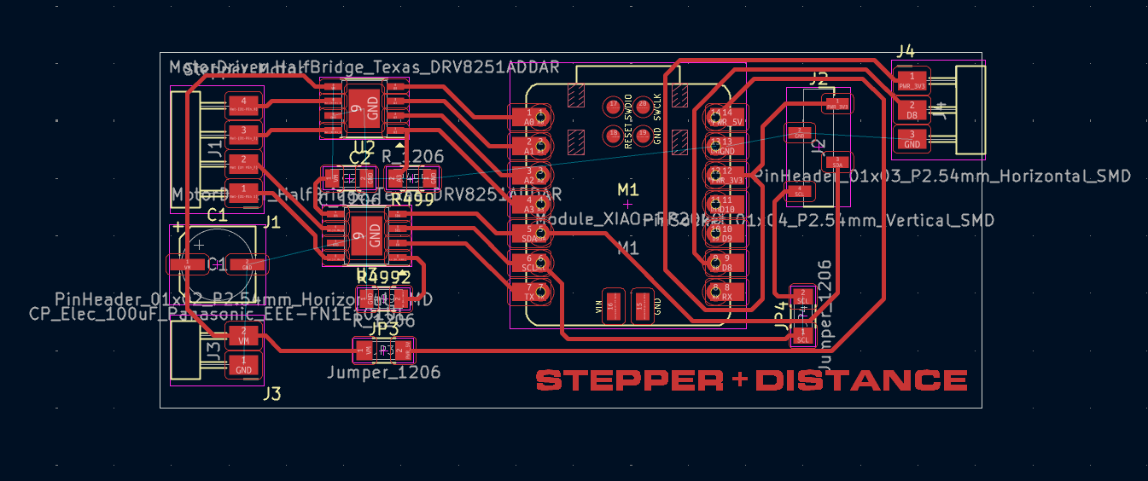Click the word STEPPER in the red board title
(631, 380)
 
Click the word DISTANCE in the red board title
(861, 380)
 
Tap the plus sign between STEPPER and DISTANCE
(740, 380)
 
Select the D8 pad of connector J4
(912, 110)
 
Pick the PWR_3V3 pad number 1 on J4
(912, 81)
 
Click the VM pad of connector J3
(243, 335)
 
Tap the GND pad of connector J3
(243, 366)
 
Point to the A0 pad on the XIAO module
(529, 116)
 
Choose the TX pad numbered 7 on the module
(529, 292)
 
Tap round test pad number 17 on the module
(612, 107)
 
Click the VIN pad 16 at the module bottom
(611, 306)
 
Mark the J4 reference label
(906, 51)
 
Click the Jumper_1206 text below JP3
(384, 373)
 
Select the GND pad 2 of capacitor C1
(247, 264)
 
